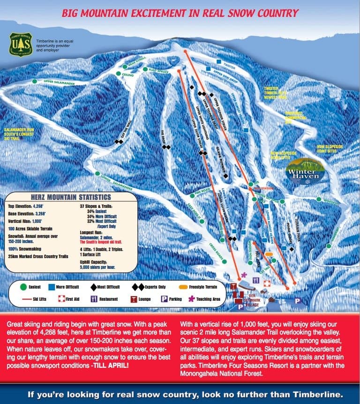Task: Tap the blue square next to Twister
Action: [x=219, y=61]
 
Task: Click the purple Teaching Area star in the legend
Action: [x=191, y=298]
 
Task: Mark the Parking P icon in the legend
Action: [x=165, y=298]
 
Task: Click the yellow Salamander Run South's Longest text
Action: [x=19, y=133]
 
